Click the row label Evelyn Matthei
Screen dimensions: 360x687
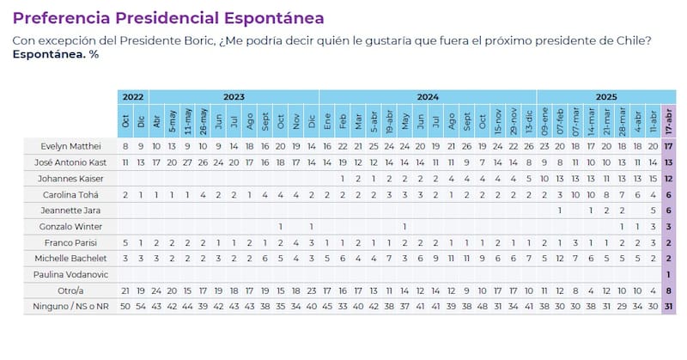76,145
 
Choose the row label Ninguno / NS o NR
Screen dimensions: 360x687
67,306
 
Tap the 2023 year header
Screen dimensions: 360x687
234,97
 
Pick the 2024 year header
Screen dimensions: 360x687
428,97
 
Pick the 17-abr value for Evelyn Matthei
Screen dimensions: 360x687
668,145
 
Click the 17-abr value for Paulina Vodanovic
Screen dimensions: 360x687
668,274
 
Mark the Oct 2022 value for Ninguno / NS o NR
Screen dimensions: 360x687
126,306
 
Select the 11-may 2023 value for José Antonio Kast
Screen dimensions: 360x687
188,162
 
